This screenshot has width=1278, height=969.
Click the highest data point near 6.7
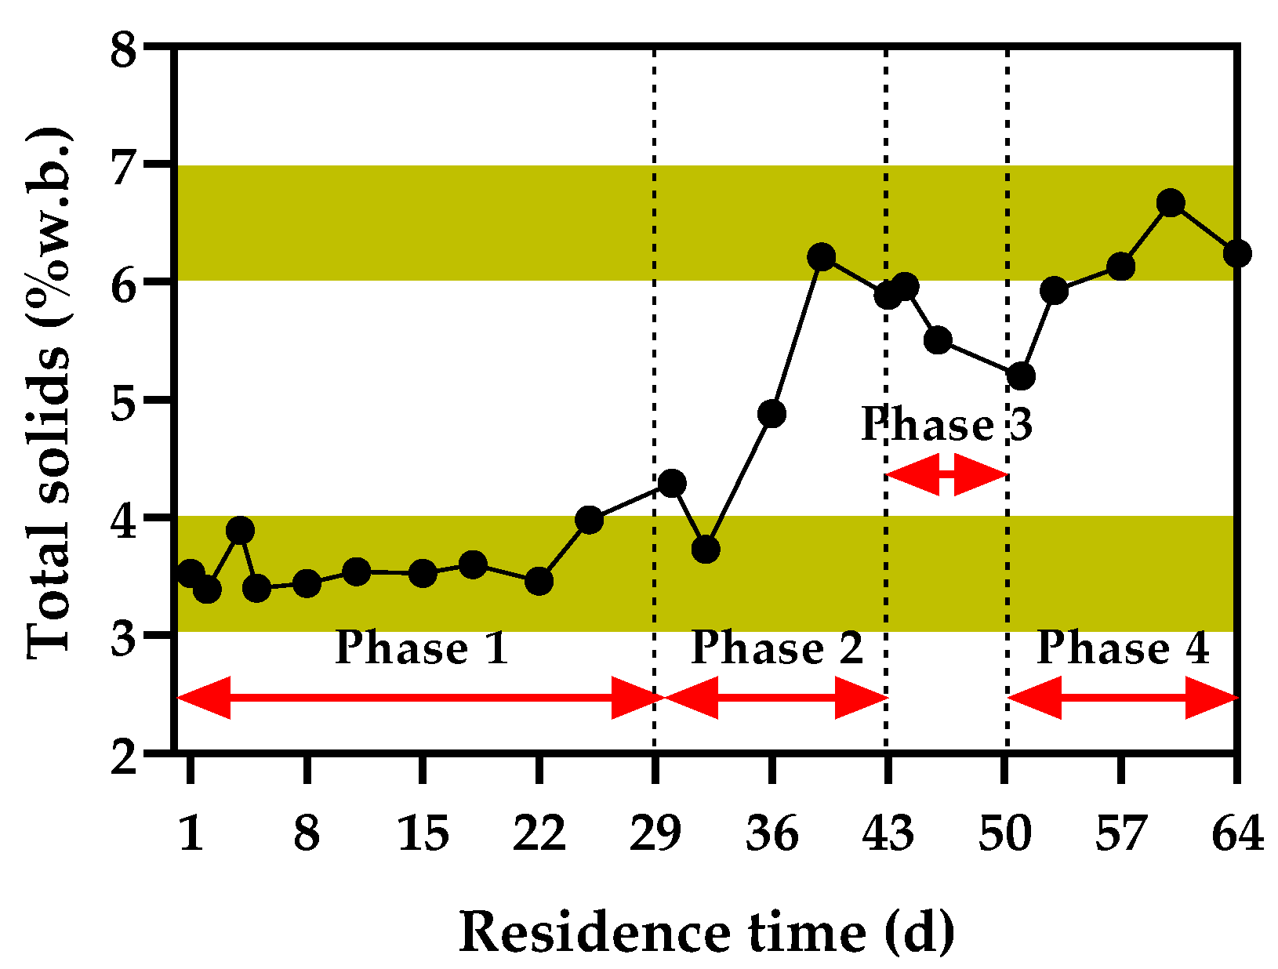point(1171,203)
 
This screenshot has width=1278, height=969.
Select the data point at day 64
point(1236,253)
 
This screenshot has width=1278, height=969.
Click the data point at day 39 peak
point(822,256)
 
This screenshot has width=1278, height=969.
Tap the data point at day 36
point(772,413)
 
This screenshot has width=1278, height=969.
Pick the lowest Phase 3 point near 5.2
point(1021,376)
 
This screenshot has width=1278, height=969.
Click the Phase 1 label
point(422,648)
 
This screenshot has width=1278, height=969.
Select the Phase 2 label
point(776,648)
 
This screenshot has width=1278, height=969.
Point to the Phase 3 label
point(946,425)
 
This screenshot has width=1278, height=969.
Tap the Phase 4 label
point(1123,648)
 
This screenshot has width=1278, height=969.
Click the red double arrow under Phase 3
point(946,474)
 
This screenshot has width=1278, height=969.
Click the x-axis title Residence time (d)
point(706,933)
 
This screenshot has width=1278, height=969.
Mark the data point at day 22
point(539,581)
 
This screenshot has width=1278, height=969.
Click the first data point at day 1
point(191,573)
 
